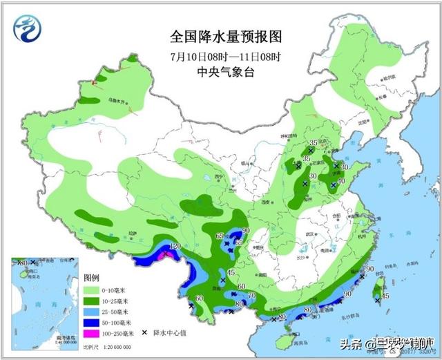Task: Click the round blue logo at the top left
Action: click(x=28, y=28)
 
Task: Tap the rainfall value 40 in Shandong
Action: click(x=341, y=181)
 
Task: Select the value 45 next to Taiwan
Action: click(x=386, y=296)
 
